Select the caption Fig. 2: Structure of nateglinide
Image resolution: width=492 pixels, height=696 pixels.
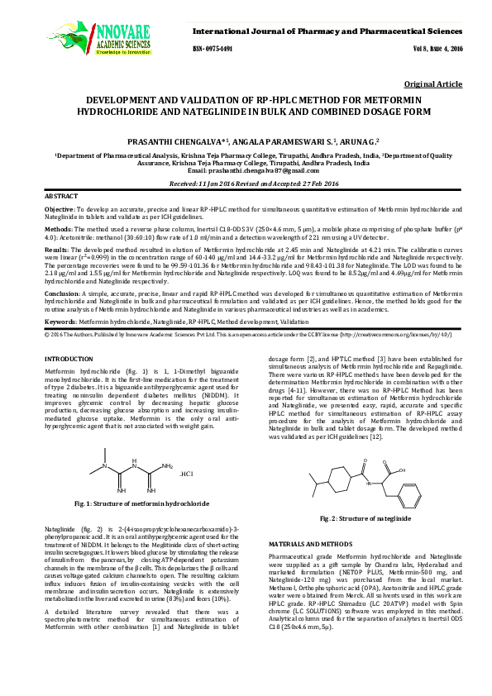[x=364, y=518]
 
